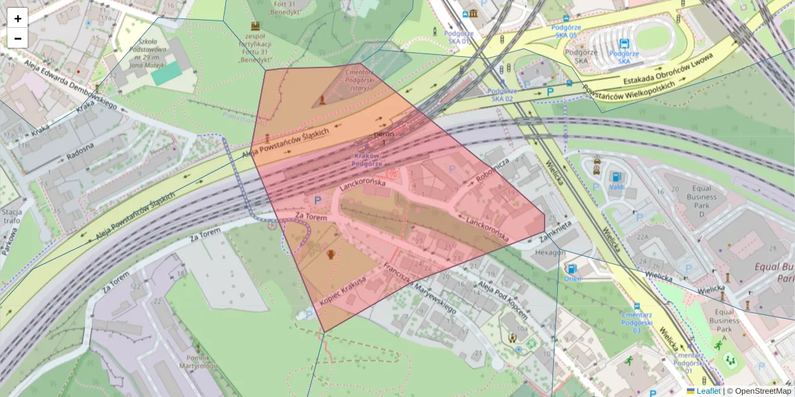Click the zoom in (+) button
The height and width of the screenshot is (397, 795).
(x=17, y=18)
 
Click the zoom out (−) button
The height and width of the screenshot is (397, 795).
(x=17, y=38)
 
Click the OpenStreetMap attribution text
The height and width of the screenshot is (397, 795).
(x=763, y=391)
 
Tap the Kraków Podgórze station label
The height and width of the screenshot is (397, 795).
(x=366, y=159)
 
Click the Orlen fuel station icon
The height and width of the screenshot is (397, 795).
(x=572, y=269)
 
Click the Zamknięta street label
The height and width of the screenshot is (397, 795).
(x=555, y=232)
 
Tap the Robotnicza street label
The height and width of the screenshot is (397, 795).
(x=492, y=171)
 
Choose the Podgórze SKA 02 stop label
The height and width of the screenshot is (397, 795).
(x=502, y=95)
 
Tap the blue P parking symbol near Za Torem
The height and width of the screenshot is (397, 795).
(x=317, y=199)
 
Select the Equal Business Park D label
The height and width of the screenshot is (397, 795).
(x=701, y=201)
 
